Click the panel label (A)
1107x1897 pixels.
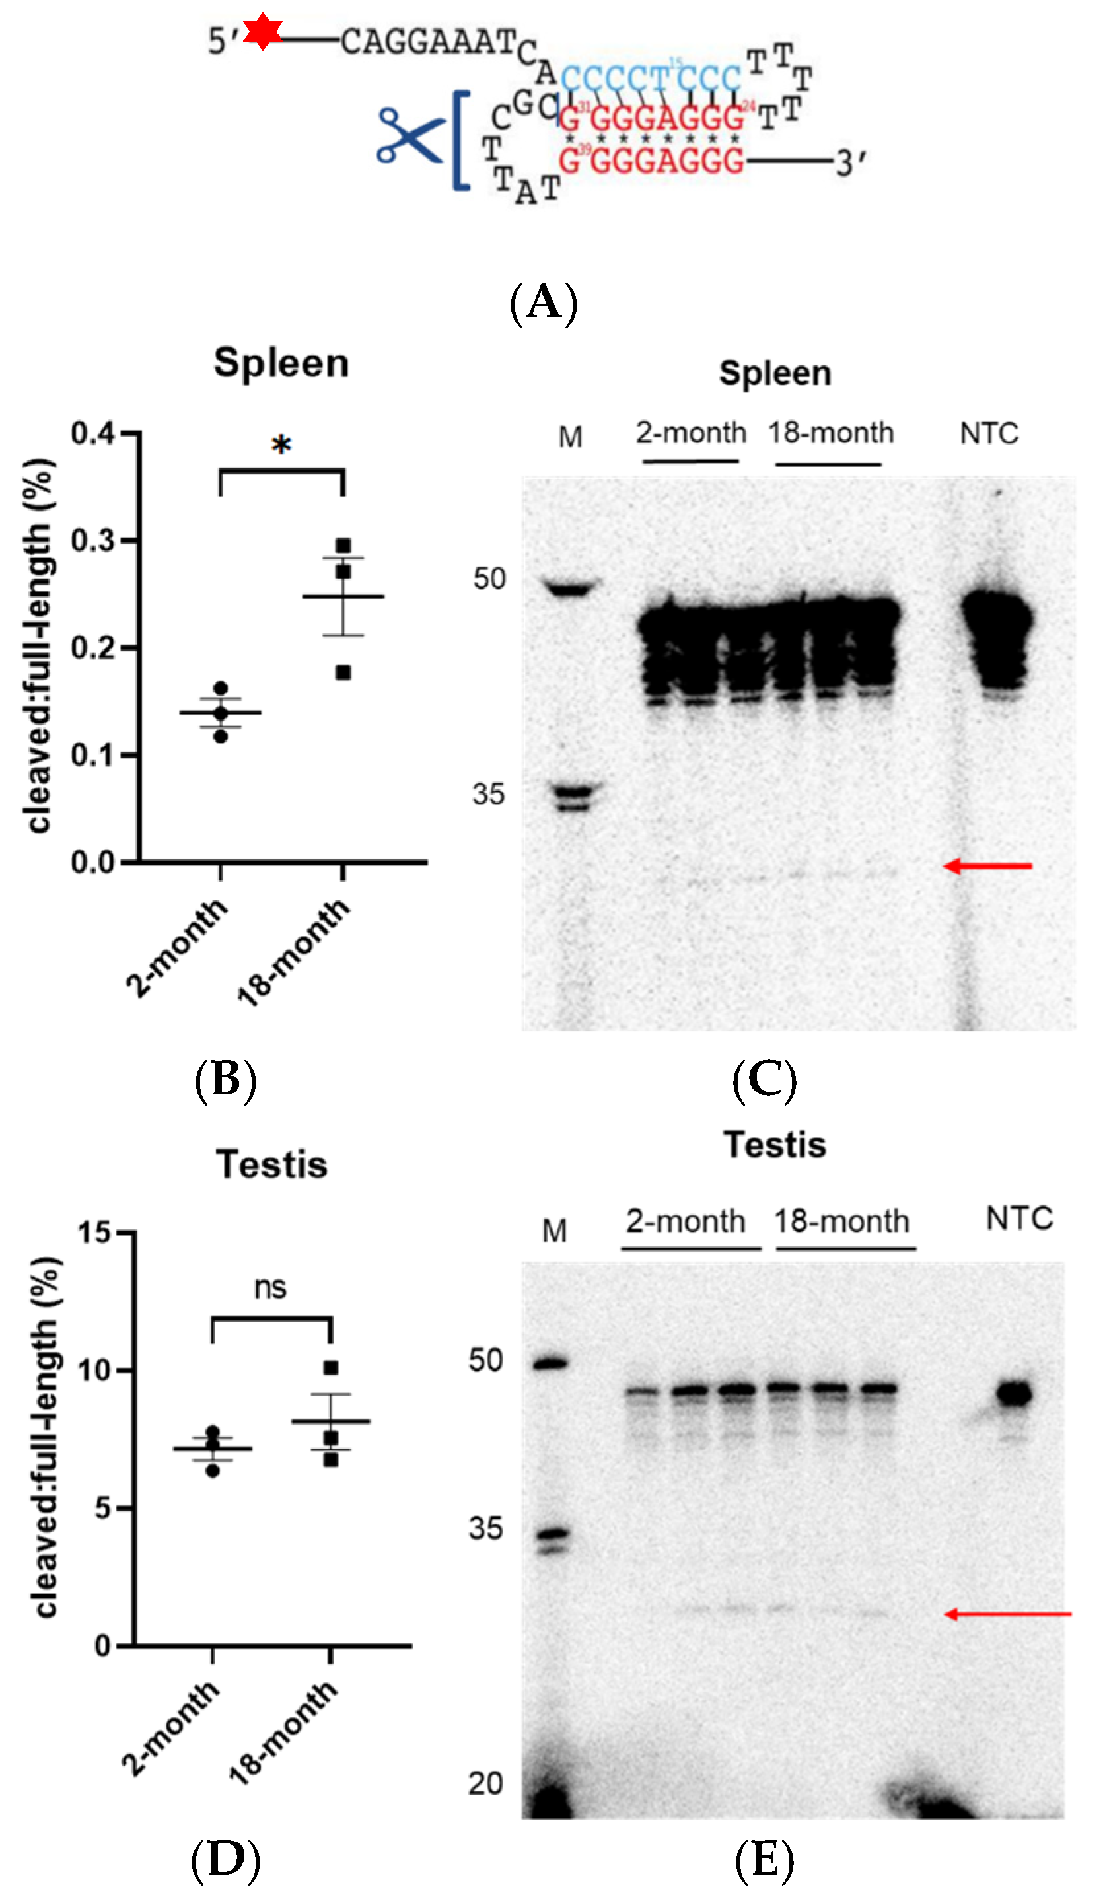click(x=544, y=303)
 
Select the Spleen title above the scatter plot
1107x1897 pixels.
click(x=281, y=363)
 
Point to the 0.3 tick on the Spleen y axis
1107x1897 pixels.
click(x=93, y=540)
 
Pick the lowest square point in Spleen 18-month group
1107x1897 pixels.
click(x=343, y=672)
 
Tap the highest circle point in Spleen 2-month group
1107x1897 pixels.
click(x=221, y=688)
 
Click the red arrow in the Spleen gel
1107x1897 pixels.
click(x=987, y=866)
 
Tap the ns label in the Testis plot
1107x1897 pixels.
click(x=270, y=1287)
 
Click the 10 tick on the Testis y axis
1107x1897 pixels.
click(x=97, y=1370)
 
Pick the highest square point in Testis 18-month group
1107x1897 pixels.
click(x=330, y=1367)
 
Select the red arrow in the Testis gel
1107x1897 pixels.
click(x=1007, y=1613)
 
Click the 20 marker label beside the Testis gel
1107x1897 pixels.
click(x=485, y=1783)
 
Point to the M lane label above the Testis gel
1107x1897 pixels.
click(x=555, y=1231)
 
